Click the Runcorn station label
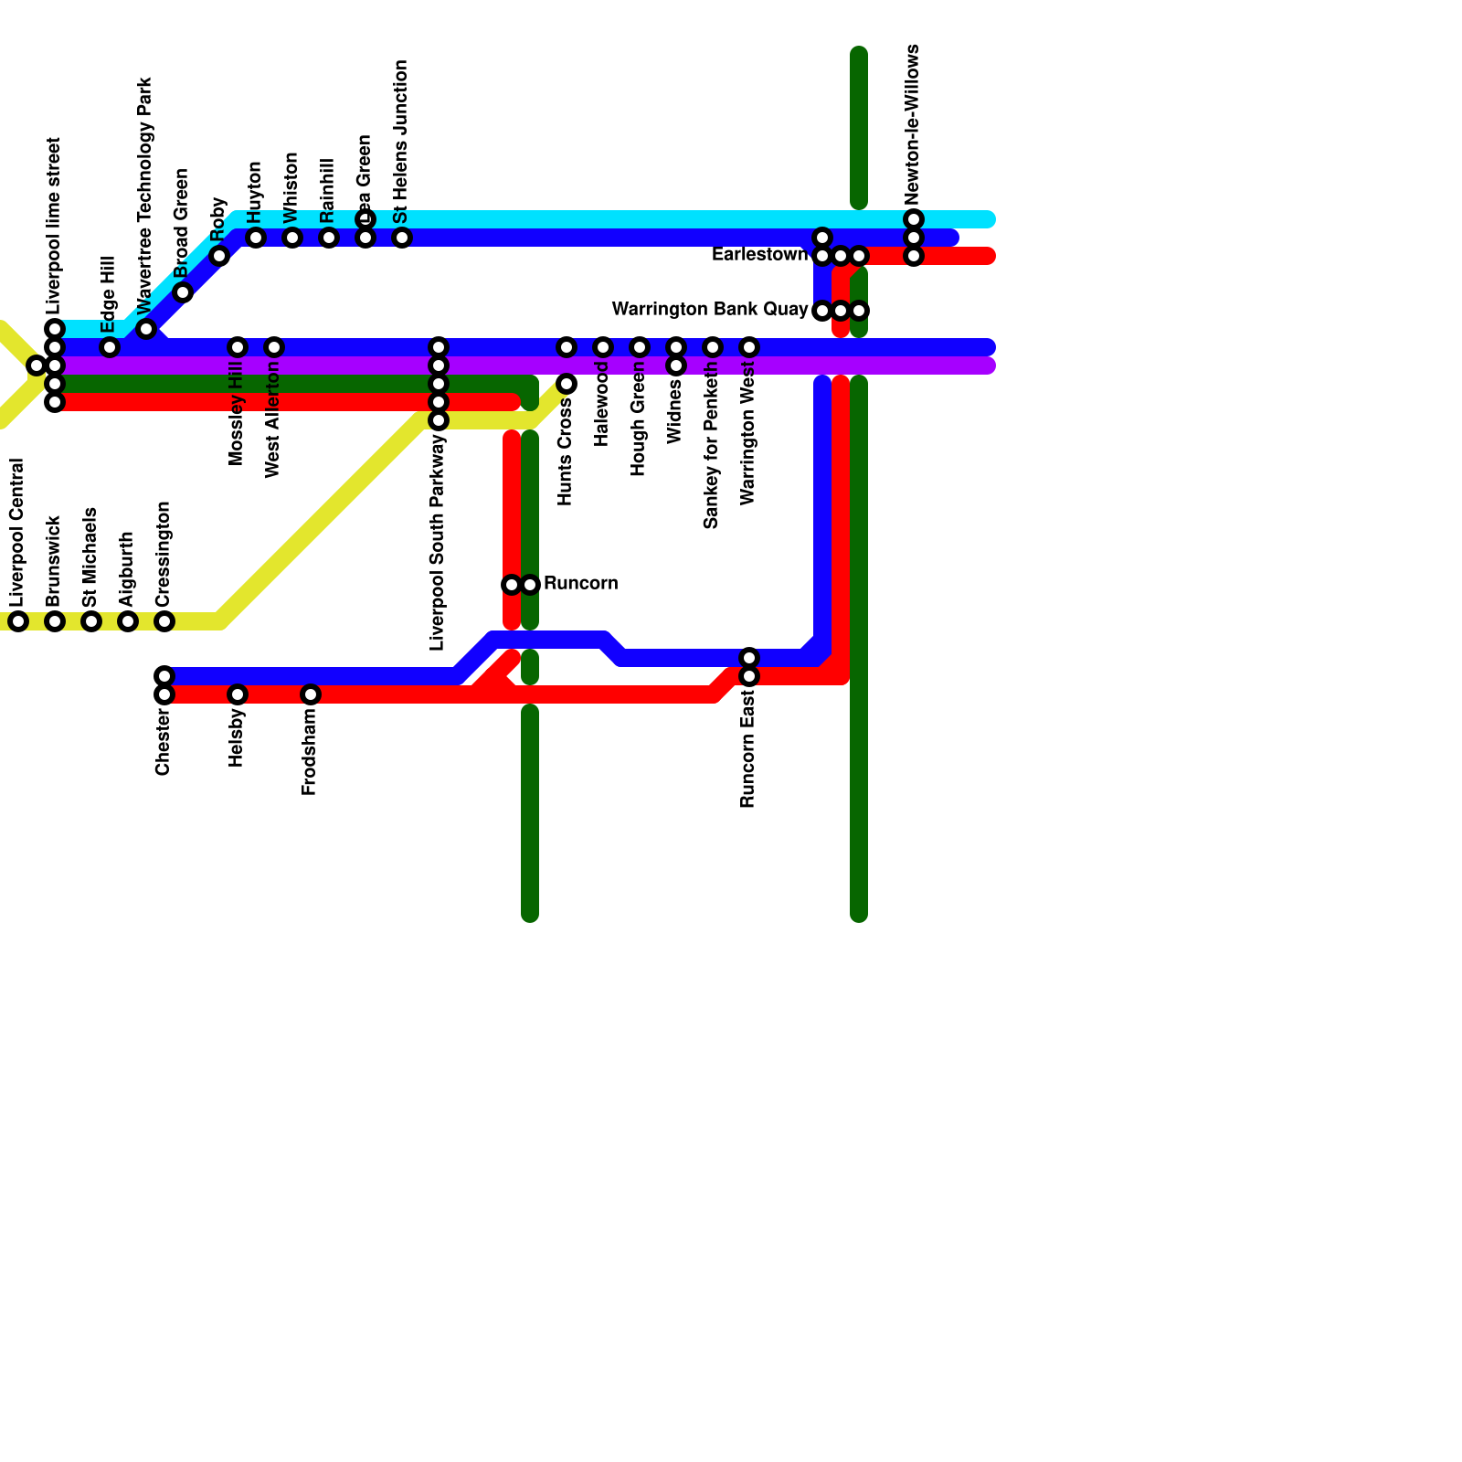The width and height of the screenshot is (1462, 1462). tap(580, 584)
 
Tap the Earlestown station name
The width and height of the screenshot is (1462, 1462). tap(759, 255)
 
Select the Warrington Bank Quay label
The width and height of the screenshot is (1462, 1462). tap(710, 310)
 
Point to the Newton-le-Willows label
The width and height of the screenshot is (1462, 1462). tap(913, 124)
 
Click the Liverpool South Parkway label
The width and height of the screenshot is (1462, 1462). tap(438, 543)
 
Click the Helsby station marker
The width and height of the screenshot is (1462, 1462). tap(238, 694)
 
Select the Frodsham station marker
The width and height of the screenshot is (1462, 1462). tap(311, 694)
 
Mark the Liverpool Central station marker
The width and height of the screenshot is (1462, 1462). tap(18, 621)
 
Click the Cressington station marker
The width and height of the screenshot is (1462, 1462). tap(164, 621)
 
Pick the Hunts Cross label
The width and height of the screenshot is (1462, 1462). tap(566, 452)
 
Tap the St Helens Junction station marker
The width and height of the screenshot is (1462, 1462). tap(402, 238)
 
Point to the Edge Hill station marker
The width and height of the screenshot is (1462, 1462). tap(110, 347)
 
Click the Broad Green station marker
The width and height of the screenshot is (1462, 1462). tap(183, 292)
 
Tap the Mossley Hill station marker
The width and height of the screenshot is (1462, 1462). tap(238, 347)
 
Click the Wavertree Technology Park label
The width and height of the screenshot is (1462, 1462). tap(145, 195)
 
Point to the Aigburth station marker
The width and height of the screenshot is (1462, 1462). tap(128, 621)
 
